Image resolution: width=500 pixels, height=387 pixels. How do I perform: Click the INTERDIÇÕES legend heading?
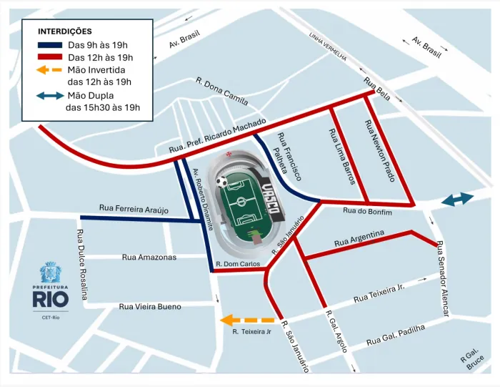[x=65, y=31]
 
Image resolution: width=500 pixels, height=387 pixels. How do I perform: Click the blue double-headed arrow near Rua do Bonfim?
[x=456, y=201]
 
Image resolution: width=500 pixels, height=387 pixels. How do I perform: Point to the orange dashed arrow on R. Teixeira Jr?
[x=247, y=320]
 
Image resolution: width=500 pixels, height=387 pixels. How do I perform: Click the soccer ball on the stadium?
[x=223, y=182]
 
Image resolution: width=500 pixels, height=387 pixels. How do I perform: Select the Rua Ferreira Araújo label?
[x=134, y=208]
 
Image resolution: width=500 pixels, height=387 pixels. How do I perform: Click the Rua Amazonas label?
[x=149, y=257]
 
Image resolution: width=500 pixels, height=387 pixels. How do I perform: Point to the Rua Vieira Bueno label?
[x=150, y=306]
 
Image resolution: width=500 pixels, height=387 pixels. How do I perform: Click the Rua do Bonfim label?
[x=368, y=210]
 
